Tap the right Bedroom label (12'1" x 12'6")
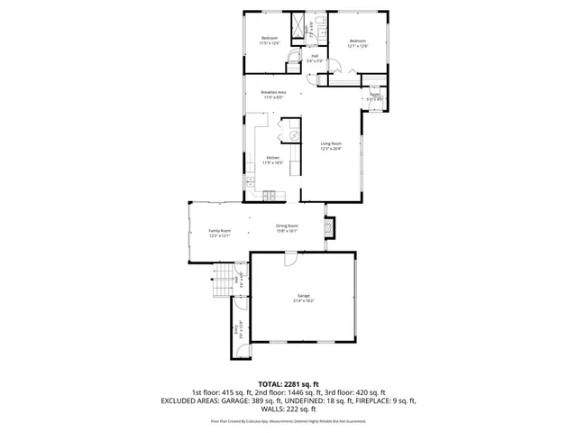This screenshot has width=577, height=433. tap(358, 42)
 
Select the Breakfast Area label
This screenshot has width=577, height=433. tap(273, 95)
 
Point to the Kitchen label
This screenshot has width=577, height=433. tap(272, 161)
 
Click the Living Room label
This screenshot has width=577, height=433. tap(331, 145)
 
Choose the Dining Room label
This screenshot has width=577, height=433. tap(287, 228)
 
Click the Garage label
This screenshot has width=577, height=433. tap(304, 297)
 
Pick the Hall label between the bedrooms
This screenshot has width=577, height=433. tap(315, 59)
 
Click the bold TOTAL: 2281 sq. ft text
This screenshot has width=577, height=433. tap(288, 383)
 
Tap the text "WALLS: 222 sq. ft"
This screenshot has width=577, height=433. tap(288, 410)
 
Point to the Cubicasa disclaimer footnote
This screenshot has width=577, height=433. tap(288, 419)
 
